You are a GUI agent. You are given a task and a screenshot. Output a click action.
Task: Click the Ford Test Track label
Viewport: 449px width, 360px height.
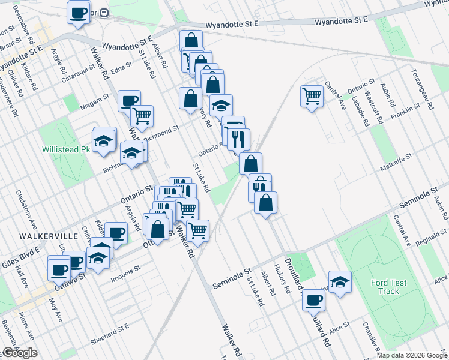click(x=388, y=287)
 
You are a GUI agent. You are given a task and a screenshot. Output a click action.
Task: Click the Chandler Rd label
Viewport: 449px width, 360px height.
click(x=369, y=336)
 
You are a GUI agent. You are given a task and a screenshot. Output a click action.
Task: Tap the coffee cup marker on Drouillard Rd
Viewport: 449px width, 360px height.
click(x=313, y=299)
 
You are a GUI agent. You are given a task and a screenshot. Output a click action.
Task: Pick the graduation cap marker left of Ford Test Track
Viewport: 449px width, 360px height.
click(x=340, y=282)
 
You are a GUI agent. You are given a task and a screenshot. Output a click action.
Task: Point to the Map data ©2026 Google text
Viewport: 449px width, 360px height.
click(x=411, y=355)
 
